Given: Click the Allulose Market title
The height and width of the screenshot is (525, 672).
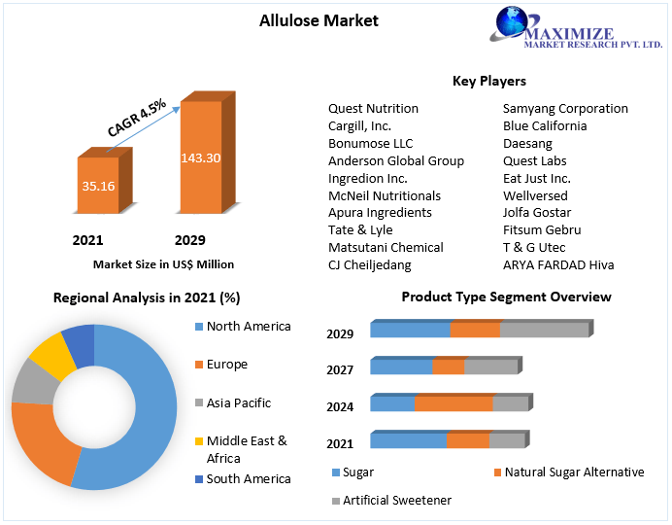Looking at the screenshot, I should (x=305, y=20).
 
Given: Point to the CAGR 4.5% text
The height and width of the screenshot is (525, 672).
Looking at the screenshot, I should (x=137, y=117).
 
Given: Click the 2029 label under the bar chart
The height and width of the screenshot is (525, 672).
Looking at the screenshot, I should (x=189, y=240).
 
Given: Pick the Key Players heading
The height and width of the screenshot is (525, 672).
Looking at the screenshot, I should (x=489, y=81).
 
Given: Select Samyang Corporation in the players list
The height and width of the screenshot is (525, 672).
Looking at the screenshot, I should (x=565, y=109).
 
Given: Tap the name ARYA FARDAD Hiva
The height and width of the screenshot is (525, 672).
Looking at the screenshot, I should (x=558, y=264).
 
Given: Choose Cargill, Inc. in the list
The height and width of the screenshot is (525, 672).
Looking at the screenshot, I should (x=359, y=126).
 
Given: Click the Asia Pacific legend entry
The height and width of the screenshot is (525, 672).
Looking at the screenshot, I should (x=238, y=402).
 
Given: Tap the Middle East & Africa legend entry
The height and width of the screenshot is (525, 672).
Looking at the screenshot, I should (x=246, y=448).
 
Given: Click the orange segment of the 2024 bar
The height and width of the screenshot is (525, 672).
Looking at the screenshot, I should (x=454, y=403).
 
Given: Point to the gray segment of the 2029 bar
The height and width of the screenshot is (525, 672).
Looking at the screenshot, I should (x=544, y=330).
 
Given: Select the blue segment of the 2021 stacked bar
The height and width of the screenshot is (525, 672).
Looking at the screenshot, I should (x=408, y=440).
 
